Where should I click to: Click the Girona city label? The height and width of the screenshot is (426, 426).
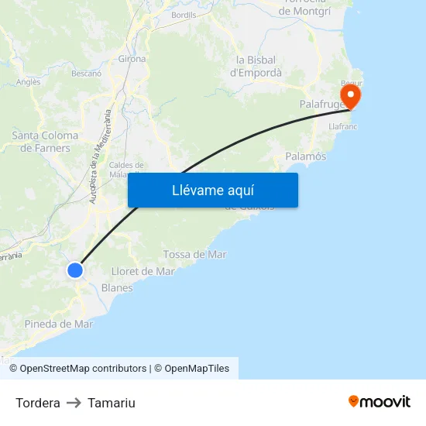tap(132, 59)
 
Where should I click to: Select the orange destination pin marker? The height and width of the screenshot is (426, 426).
tap(351, 97)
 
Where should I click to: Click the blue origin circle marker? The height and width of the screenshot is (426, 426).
tap(75, 270)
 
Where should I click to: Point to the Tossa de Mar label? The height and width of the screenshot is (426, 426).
tap(195, 254)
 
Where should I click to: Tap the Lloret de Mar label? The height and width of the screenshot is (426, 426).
tap(143, 271)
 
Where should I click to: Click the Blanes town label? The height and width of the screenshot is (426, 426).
tap(117, 287)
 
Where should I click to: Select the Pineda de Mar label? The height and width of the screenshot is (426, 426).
tap(59, 324)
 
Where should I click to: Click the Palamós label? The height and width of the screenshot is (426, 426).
tap(306, 156)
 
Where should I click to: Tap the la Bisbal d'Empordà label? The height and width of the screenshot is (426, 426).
tap(256, 66)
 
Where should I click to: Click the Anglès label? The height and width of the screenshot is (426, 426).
tap(28, 81)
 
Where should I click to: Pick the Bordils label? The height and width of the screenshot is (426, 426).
tap(184, 15)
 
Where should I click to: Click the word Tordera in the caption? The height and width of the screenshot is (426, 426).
tap(38, 403)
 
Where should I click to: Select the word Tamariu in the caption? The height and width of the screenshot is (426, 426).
tap(112, 403)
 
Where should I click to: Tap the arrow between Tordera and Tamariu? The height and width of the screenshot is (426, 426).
tap(74, 403)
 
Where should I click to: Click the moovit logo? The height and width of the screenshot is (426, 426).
tap(380, 401)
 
